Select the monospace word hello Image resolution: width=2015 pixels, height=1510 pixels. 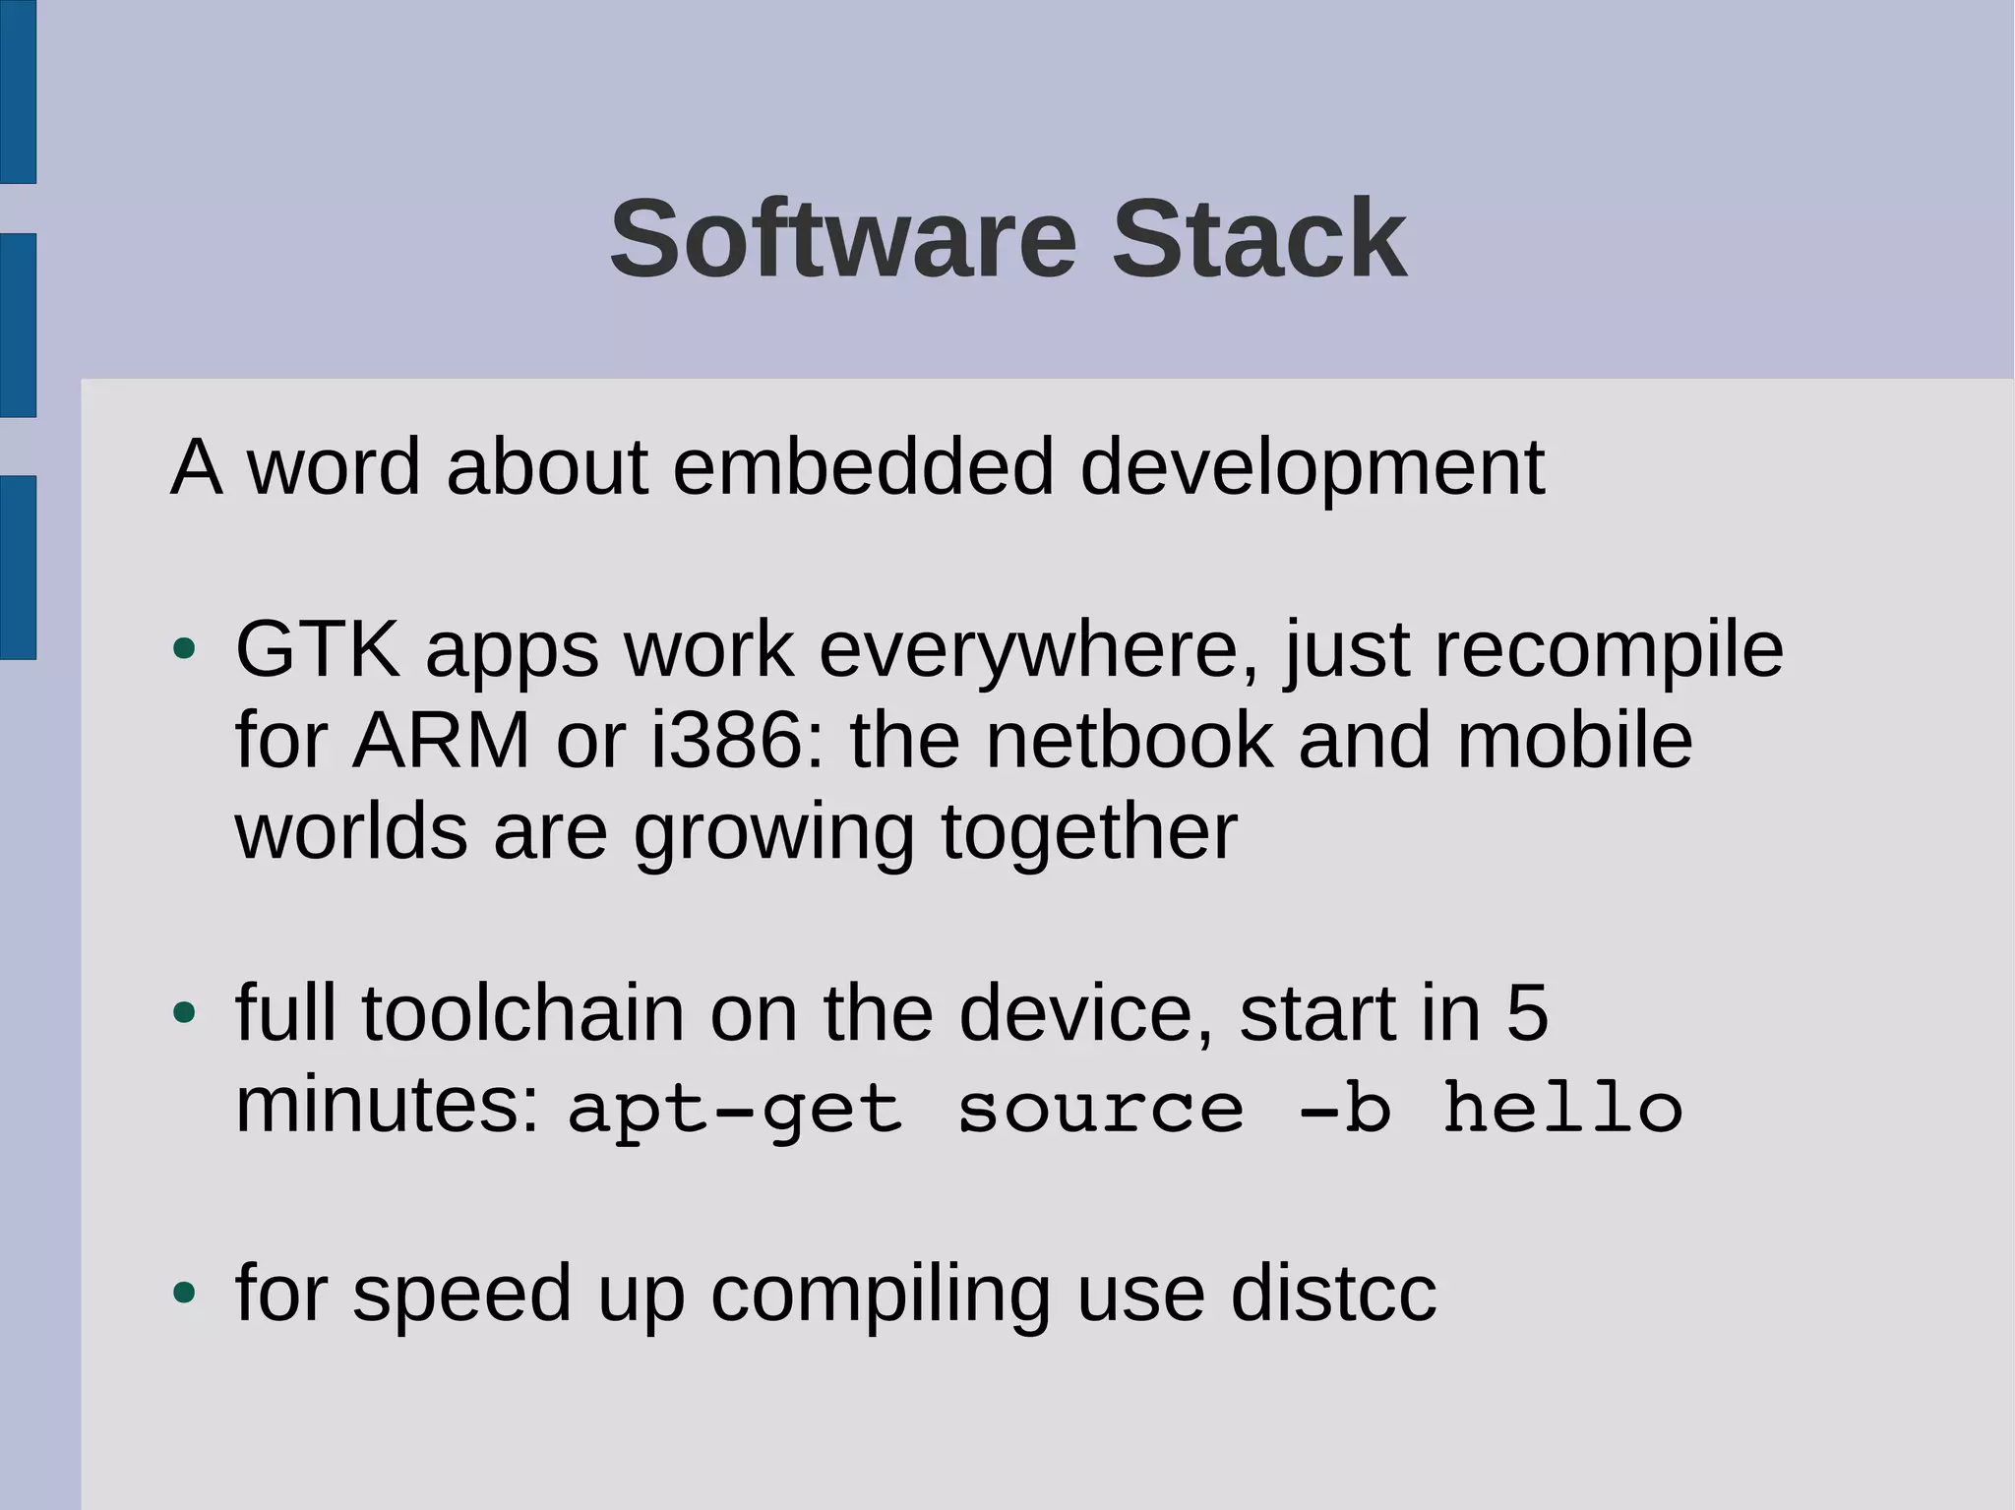[1562, 1108]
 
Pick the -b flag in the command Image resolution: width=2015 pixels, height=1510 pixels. [1345, 1108]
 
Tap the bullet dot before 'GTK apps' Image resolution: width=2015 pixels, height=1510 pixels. [184, 649]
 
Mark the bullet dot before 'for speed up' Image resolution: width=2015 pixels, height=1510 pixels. [184, 1292]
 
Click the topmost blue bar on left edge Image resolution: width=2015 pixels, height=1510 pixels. [18, 91]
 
